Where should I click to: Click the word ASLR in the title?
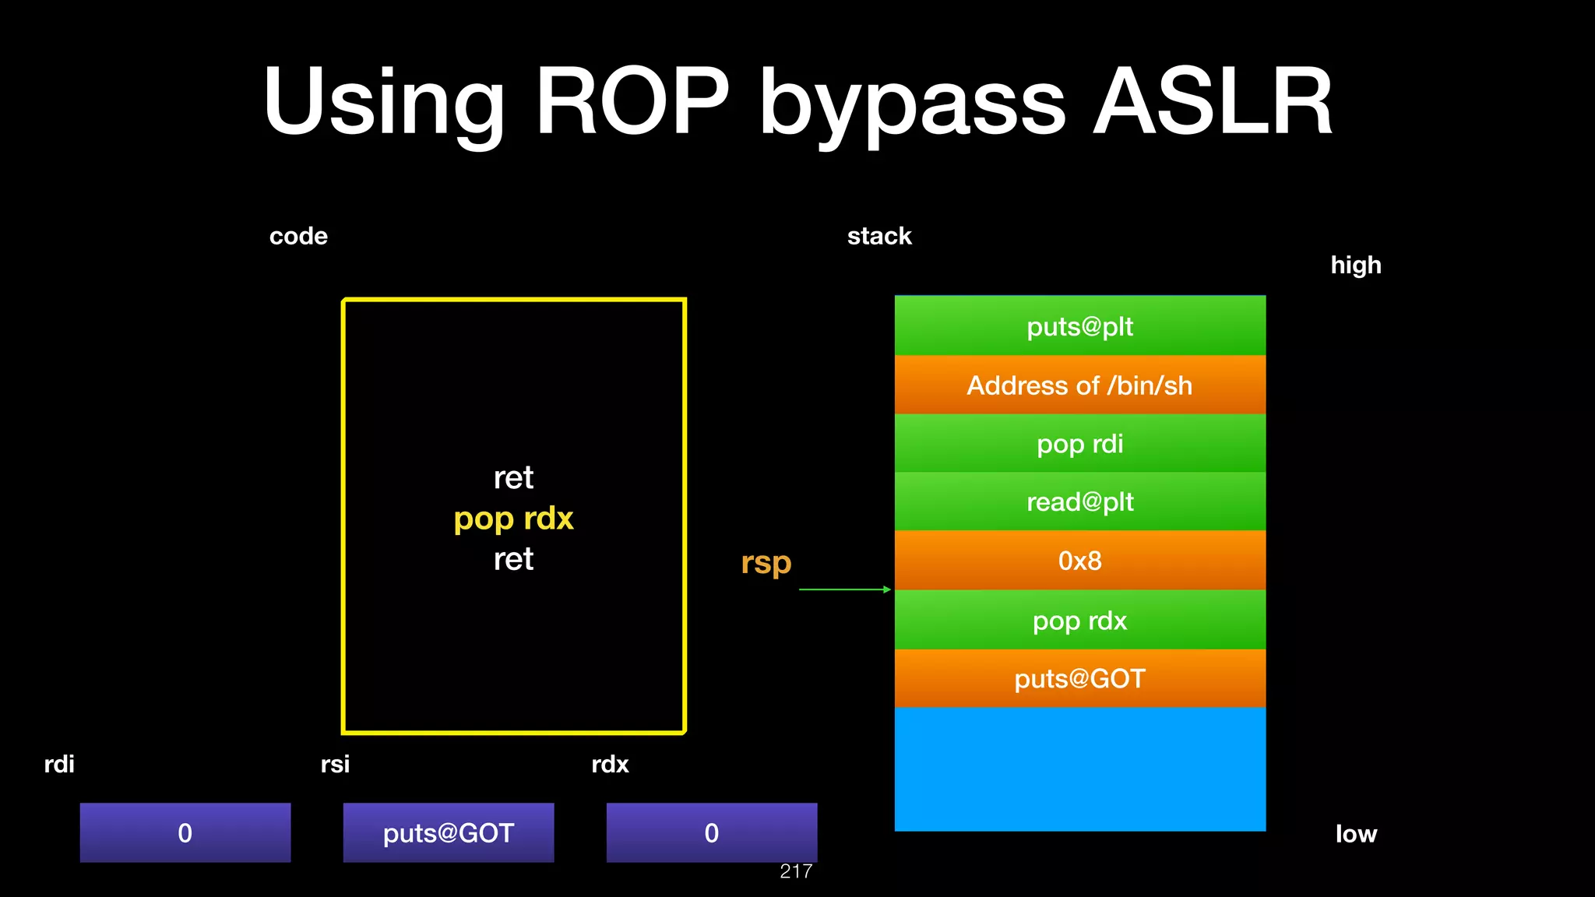pos(1213,101)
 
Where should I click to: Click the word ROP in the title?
pos(632,101)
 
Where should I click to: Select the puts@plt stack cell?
pos(1079,325)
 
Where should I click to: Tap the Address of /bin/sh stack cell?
pos(1079,385)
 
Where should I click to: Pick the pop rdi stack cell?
pos(1079,443)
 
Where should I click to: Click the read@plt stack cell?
pos(1079,501)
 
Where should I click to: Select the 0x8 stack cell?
pos(1079,560)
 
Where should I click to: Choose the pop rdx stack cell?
pos(1079,620)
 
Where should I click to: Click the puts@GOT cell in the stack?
pos(1079,678)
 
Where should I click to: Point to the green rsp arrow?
pos(845,589)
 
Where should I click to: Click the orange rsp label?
pos(766,561)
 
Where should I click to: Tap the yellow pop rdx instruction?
pos(513,519)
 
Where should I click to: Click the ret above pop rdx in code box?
pos(513,477)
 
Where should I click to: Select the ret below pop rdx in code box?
pos(513,559)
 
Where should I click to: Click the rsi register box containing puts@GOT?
pos(449,832)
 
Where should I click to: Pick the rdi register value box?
pos(185,832)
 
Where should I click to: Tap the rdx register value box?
pos(711,832)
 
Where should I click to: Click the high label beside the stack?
pos(1355,265)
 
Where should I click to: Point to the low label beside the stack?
pos(1356,834)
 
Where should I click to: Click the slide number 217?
pos(796,871)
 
